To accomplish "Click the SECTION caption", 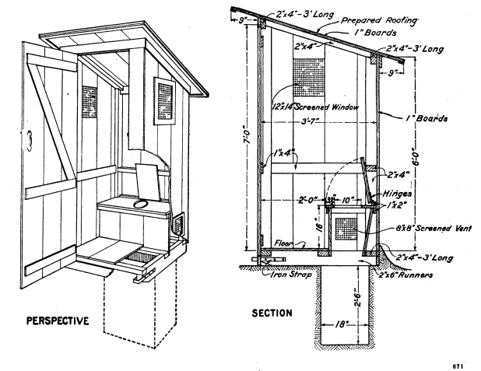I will tap(272, 313).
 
